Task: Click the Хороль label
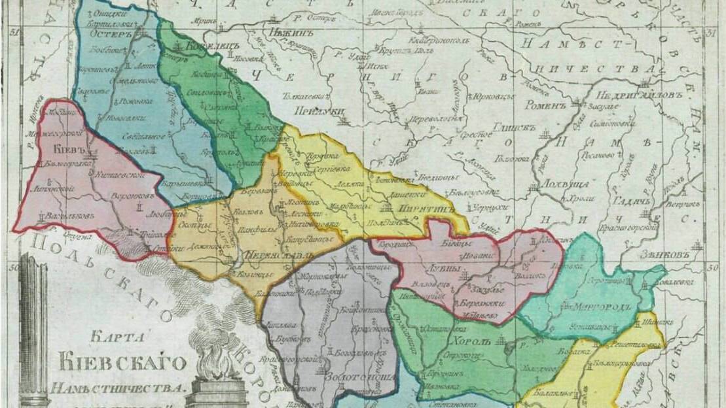pyautogui.click(x=469, y=341)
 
